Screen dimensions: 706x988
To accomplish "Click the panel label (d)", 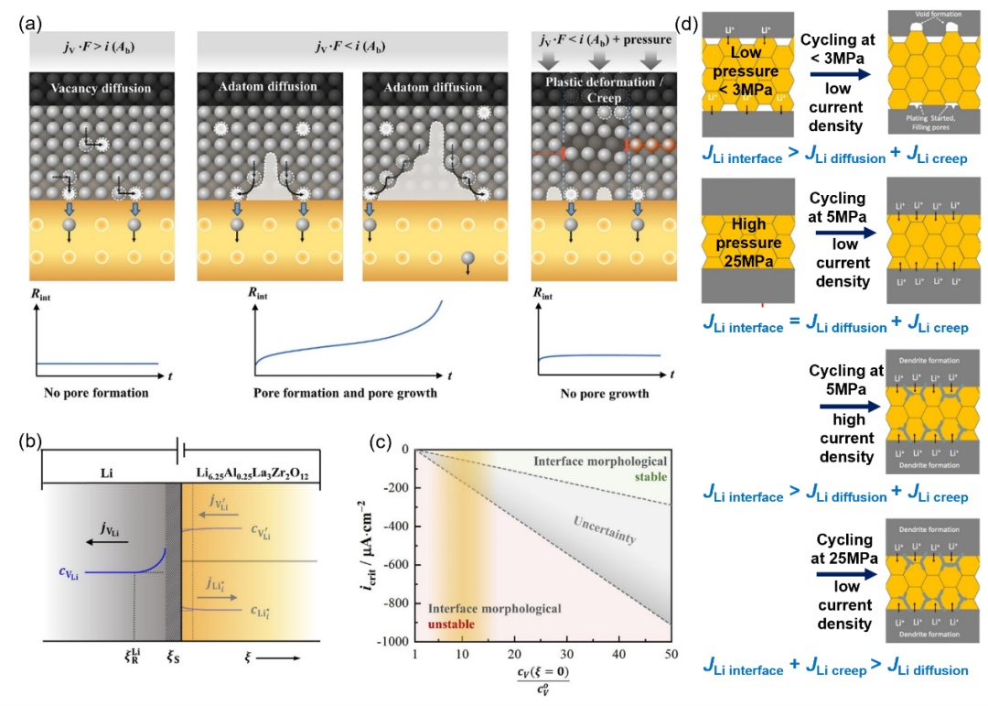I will (689, 23).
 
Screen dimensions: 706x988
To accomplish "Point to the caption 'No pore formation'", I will (96, 394).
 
